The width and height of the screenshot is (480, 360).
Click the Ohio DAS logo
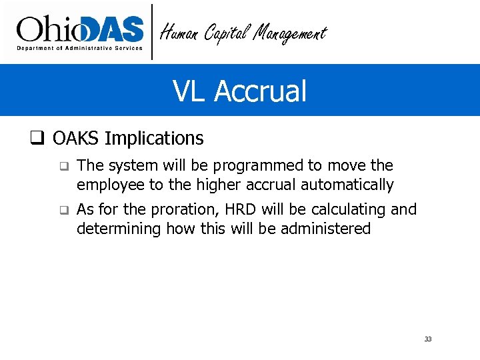pos(80,32)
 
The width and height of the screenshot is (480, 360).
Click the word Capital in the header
pos(225,32)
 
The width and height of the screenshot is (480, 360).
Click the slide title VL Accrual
pos(239,91)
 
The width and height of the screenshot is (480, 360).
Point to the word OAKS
pos(76,139)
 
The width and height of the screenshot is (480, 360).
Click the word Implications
pos(154,139)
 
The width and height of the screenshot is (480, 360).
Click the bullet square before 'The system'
pos(63,165)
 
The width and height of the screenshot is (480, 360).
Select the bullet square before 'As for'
pos(63,210)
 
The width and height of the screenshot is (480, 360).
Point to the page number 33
pos(428,339)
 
